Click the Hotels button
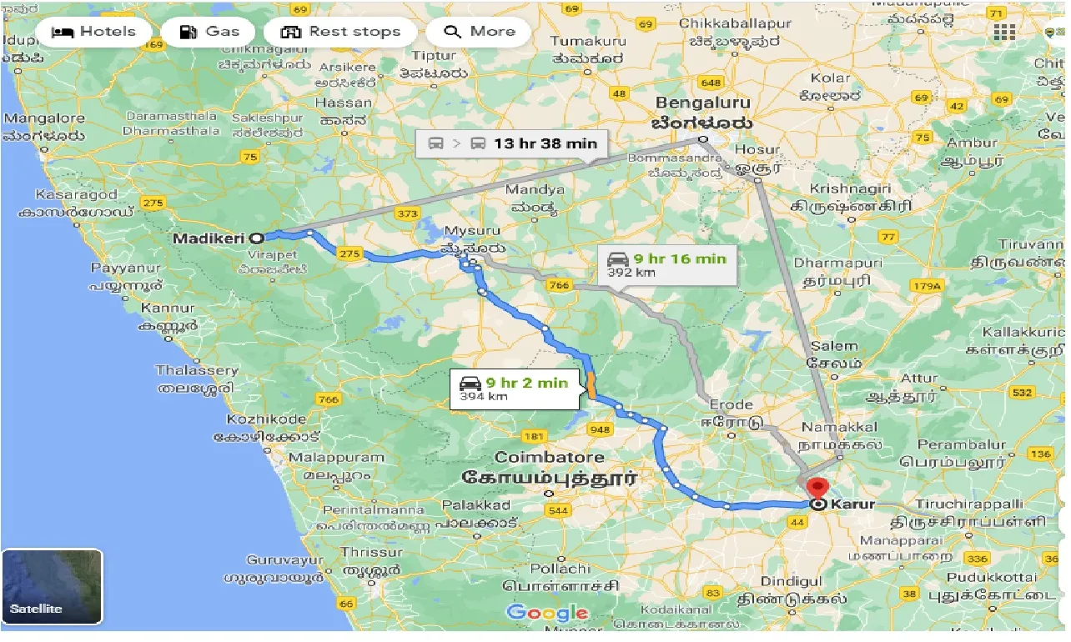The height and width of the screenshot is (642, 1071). pos(93,33)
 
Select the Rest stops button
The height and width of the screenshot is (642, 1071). pos(340,33)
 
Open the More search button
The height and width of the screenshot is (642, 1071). pos(480,33)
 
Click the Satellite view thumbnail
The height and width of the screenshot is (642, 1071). pos(52,586)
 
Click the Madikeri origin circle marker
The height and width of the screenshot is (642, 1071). pos(257,238)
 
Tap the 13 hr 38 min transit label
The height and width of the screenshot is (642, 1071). pos(512,143)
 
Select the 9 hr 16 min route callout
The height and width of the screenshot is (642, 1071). pos(666,264)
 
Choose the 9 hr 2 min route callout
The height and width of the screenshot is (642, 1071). pos(514,389)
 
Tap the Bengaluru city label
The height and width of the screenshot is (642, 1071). pos(702,103)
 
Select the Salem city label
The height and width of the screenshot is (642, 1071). pos(833,346)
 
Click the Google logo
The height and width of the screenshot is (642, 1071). pos(546,614)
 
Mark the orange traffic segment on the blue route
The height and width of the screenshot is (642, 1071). pos(591,386)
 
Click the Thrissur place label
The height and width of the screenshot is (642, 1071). pos(371,552)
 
